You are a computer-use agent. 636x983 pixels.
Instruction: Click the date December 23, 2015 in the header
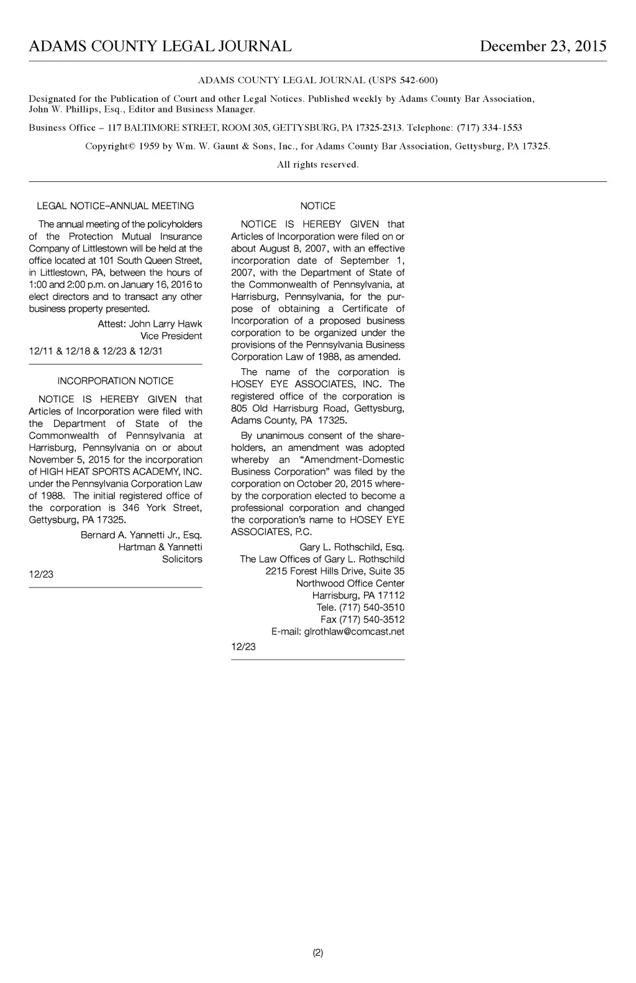click(x=543, y=47)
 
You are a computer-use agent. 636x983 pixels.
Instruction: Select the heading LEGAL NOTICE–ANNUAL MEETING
click(x=116, y=206)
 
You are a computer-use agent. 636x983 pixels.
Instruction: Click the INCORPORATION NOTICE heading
click(x=116, y=381)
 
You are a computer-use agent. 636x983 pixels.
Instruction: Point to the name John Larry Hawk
click(x=165, y=324)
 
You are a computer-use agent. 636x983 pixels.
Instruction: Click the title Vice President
click(x=171, y=336)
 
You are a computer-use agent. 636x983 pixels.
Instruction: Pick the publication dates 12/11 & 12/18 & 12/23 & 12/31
click(x=96, y=351)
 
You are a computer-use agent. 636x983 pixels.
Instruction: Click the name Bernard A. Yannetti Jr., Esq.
click(x=141, y=535)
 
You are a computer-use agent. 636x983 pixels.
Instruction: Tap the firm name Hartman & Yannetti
click(x=160, y=547)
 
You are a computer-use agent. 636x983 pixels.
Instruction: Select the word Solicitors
click(x=182, y=559)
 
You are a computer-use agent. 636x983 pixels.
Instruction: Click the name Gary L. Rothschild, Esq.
click(x=352, y=547)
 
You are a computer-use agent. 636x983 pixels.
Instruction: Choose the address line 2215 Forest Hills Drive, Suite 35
click(x=335, y=571)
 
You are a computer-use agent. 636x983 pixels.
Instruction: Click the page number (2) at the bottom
click(x=318, y=953)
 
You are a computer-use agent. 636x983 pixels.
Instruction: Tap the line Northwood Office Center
click(x=350, y=583)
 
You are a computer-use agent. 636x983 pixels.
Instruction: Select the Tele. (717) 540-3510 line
click(x=360, y=607)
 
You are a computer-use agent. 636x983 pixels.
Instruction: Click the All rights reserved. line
click(x=318, y=165)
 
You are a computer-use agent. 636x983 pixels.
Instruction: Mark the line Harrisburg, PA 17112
click(x=358, y=596)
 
